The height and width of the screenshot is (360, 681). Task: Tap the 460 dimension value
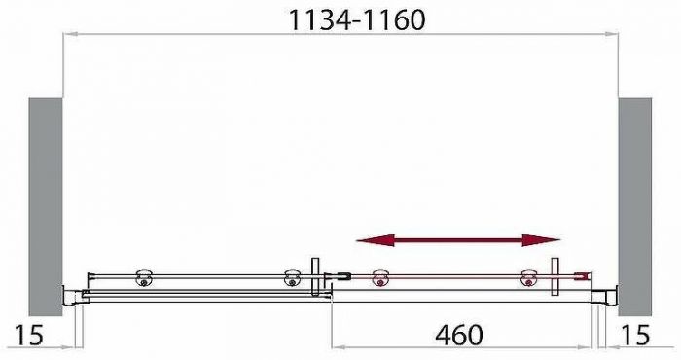coord(457,335)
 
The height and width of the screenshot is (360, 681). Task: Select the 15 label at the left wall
coord(30,336)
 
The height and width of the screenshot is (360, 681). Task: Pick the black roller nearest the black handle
coord(291,278)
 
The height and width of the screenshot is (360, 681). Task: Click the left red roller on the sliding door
coord(377,278)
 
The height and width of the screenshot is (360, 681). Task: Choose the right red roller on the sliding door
coord(528,278)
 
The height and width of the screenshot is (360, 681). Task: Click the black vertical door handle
coord(315,277)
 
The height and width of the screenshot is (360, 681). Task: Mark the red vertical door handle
coord(555,277)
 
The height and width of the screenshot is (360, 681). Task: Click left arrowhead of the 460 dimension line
coord(338,345)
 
